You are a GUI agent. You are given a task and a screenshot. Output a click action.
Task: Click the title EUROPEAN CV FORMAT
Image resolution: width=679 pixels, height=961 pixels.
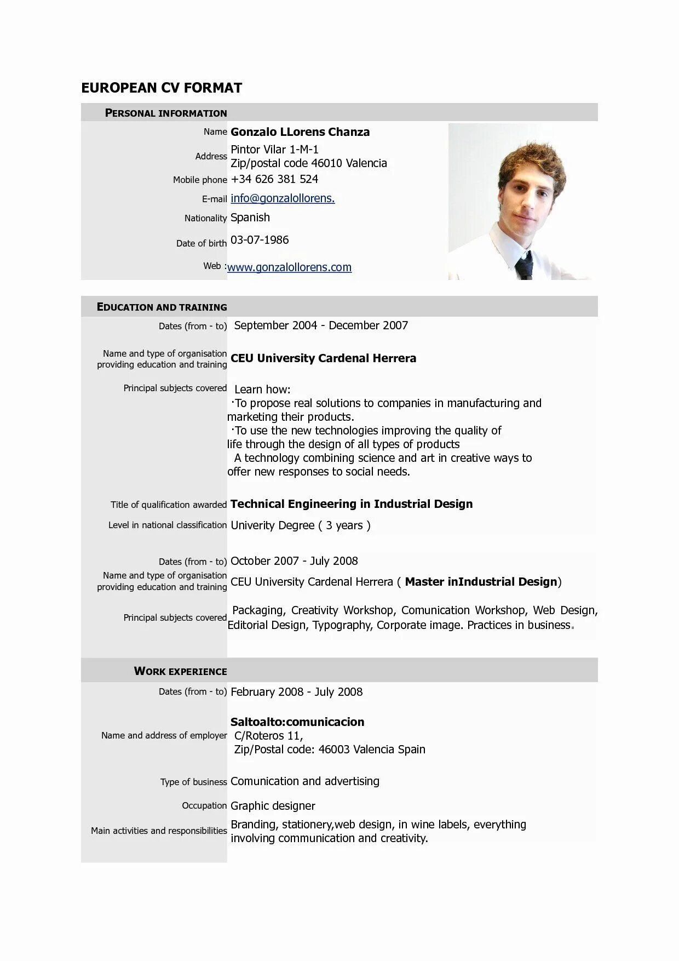[162, 88]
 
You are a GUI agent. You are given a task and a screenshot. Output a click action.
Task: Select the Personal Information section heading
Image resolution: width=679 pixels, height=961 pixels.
[166, 113]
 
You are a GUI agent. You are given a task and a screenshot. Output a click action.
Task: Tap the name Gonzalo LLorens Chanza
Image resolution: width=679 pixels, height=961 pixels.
[300, 132]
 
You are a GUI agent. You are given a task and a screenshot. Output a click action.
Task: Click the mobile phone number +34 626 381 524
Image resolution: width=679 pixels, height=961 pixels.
[274, 179]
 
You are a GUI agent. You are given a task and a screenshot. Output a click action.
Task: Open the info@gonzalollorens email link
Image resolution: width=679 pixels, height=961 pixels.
[283, 198]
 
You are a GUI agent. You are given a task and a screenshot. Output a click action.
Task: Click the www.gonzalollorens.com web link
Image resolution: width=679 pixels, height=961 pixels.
[289, 267]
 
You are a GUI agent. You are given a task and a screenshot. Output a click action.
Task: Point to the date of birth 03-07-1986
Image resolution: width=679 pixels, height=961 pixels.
[260, 240]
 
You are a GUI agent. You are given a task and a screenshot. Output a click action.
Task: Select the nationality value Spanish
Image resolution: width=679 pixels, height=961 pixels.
[250, 218]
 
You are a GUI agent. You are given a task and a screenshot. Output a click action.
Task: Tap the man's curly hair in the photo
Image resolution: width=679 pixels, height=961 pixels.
[534, 159]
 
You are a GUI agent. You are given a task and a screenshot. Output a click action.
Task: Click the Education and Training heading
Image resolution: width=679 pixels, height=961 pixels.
[162, 307]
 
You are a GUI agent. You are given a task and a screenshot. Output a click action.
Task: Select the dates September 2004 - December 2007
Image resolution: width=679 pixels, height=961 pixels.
[321, 325]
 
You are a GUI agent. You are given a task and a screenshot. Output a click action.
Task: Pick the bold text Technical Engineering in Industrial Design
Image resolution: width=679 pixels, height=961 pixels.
[352, 504]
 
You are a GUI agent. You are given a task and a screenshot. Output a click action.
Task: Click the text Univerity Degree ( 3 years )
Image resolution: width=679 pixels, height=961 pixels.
[301, 525]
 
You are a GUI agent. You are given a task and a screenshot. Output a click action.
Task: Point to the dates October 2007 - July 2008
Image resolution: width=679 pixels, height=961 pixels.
[294, 561]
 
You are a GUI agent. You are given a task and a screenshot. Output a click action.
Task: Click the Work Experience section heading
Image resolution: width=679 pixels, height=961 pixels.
[180, 671]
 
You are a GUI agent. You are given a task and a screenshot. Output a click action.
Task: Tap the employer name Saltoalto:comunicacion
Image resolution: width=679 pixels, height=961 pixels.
[297, 722]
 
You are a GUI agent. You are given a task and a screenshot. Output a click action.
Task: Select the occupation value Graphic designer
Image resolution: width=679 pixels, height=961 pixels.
[273, 806]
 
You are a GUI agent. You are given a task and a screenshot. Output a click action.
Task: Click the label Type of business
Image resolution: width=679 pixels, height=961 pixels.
[193, 782]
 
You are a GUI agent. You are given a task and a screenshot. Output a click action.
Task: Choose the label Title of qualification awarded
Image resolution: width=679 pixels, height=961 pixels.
[169, 505]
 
